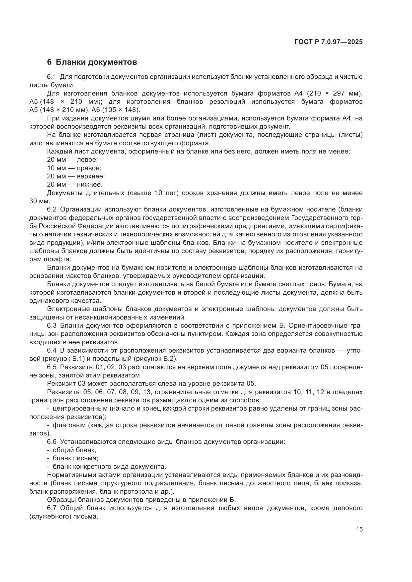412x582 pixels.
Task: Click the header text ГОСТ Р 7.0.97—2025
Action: point(329,42)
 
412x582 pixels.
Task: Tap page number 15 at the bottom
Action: point(359,529)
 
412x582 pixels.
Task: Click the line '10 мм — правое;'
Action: point(74,168)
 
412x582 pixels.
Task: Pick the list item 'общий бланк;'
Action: point(74,450)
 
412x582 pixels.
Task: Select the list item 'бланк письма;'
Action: point(75,458)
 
